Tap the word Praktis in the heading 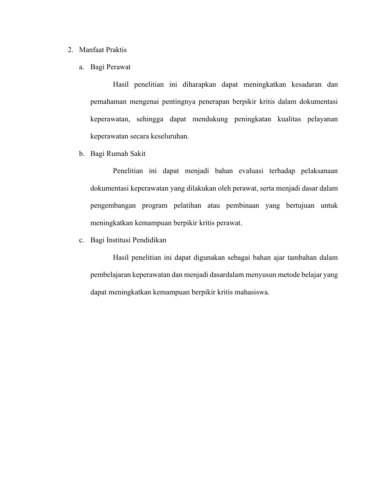click(x=116, y=50)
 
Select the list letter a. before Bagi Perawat click(x=81, y=67)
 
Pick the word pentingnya click(x=179, y=102)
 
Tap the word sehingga click(x=150, y=119)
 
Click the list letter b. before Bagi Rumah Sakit click(x=81, y=154)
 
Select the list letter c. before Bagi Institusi click(x=81, y=240)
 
